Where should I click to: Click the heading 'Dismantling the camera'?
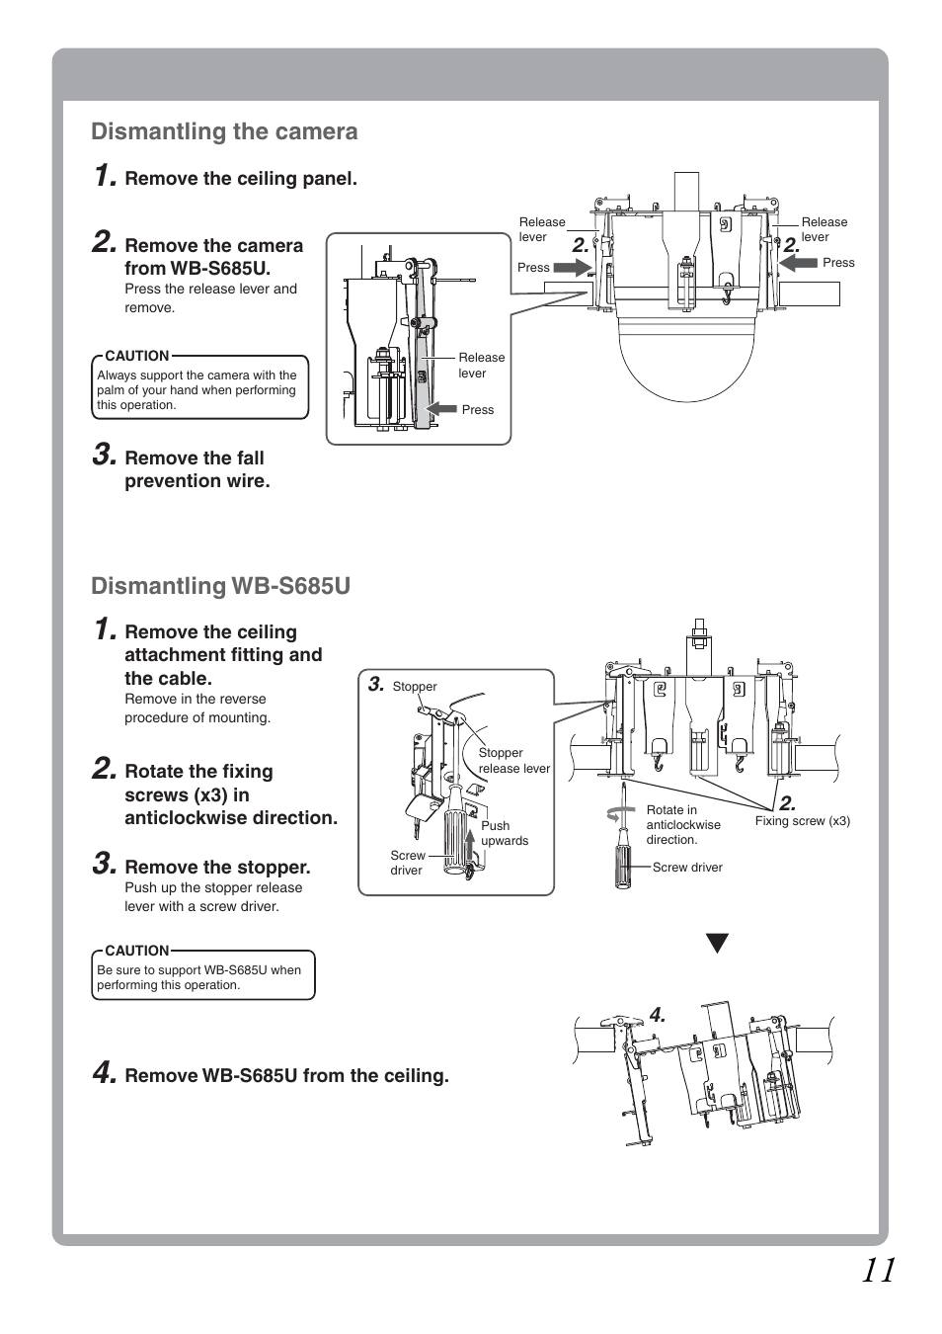tap(224, 131)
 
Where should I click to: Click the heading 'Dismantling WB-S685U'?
tap(220, 586)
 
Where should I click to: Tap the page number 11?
tap(877, 1270)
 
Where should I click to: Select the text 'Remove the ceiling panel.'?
tap(240, 179)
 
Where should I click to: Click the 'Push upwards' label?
tap(504, 833)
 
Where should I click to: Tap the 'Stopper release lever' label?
tap(513, 760)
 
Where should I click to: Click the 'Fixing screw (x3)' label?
tap(802, 821)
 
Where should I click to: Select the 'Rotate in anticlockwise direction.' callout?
tap(682, 824)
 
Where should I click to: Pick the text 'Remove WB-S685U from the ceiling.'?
tap(286, 1076)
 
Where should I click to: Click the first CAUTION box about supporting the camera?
tap(199, 387)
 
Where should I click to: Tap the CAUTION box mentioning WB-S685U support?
tap(202, 975)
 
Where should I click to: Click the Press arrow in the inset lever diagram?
tap(441, 409)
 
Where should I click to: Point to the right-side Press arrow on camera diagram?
tap(799, 263)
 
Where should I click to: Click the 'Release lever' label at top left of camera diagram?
tap(542, 229)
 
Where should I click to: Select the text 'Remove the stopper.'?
tap(217, 868)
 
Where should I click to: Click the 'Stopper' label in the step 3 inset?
tap(415, 687)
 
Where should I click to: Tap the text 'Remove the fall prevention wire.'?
tap(196, 469)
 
